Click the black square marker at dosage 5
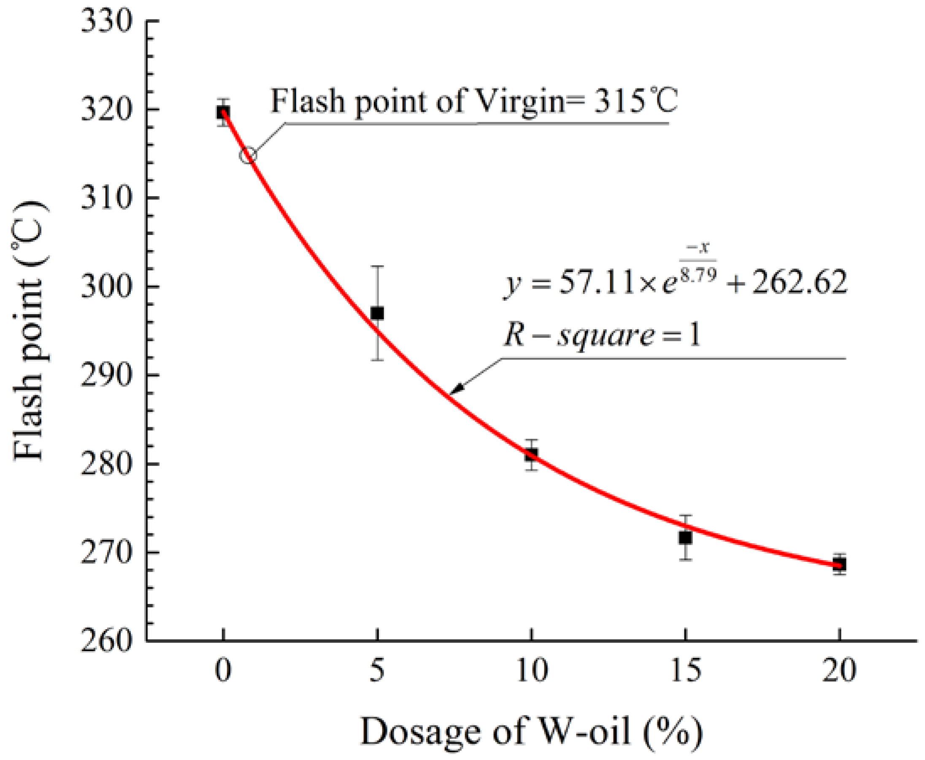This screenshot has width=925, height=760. (377, 313)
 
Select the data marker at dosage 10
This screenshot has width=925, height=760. (531, 454)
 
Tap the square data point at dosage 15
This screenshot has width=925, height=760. (685, 537)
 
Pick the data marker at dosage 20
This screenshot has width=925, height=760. (840, 564)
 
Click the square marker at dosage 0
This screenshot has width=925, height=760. (223, 113)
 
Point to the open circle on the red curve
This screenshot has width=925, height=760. (248, 155)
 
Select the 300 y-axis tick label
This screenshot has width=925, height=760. (106, 287)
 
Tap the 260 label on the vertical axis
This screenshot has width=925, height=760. (106, 641)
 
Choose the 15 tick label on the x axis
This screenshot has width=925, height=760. (685, 671)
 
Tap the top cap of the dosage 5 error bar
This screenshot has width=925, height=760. (377, 266)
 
